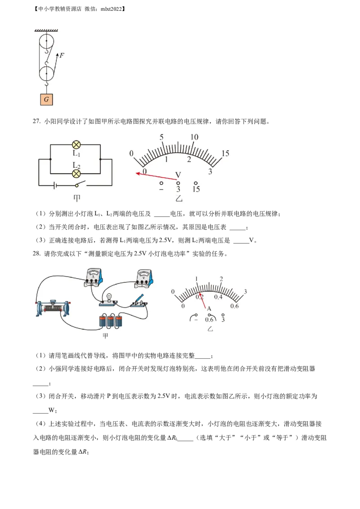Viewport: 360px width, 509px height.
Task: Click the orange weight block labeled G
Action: (x=46, y=99)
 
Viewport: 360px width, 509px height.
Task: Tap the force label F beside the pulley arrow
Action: (x=62, y=55)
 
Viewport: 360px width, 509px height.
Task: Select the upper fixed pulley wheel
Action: (x=46, y=41)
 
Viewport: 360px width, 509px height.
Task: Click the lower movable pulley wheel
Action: (x=46, y=73)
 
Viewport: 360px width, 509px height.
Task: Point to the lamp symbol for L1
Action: (x=76, y=145)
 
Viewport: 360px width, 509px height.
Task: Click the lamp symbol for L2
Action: (x=76, y=174)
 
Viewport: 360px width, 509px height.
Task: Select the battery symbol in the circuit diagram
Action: (x=55, y=186)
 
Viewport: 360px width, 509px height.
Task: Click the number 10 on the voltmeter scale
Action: (x=194, y=137)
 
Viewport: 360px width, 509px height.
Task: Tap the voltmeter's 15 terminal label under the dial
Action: (x=196, y=189)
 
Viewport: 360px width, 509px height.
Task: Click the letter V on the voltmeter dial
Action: (x=178, y=175)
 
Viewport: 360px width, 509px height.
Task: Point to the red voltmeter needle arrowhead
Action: (x=138, y=174)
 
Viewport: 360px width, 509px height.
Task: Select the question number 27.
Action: (x=36, y=121)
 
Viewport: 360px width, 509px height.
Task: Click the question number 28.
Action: (x=36, y=254)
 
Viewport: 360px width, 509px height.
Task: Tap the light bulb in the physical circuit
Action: (x=109, y=297)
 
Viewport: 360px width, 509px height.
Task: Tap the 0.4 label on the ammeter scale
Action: (x=218, y=297)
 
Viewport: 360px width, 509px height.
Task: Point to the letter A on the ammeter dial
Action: (x=209, y=309)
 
